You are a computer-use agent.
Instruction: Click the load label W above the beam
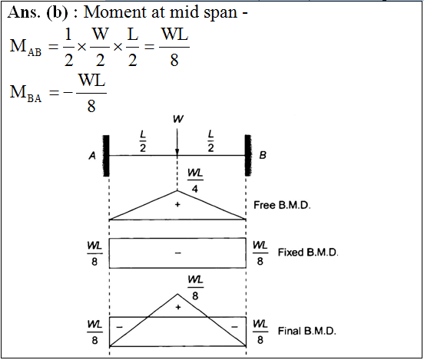pyautogui.click(x=178, y=119)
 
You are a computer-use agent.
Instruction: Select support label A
pyautogui.click(x=92, y=155)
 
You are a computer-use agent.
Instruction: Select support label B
pyautogui.click(x=263, y=155)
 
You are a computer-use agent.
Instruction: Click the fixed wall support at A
pyautogui.click(x=106, y=156)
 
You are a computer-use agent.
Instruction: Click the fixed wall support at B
pyautogui.click(x=248, y=155)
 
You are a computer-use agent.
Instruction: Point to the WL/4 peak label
pyautogui.click(x=195, y=180)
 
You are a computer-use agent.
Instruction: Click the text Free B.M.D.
pyautogui.click(x=282, y=205)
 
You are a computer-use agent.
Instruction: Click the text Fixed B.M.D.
pyautogui.click(x=308, y=253)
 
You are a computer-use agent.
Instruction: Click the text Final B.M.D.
pyautogui.click(x=307, y=331)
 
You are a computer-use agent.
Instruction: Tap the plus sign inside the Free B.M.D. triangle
pyautogui.click(x=177, y=205)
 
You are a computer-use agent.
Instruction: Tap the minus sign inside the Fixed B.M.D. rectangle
pyautogui.click(x=177, y=253)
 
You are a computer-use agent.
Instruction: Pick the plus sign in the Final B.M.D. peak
pyautogui.click(x=178, y=307)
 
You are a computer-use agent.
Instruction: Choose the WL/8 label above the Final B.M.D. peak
pyautogui.click(x=196, y=288)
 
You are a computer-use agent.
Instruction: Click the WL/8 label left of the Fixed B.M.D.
pyautogui.click(x=94, y=253)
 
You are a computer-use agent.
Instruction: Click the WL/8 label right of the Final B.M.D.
pyautogui.click(x=260, y=332)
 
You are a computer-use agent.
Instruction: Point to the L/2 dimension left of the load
pyautogui.click(x=143, y=140)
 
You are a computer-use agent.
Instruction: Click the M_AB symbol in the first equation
pyautogui.click(x=25, y=47)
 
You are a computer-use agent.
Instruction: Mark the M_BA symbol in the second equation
pyautogui.click(x=25, y=93)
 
